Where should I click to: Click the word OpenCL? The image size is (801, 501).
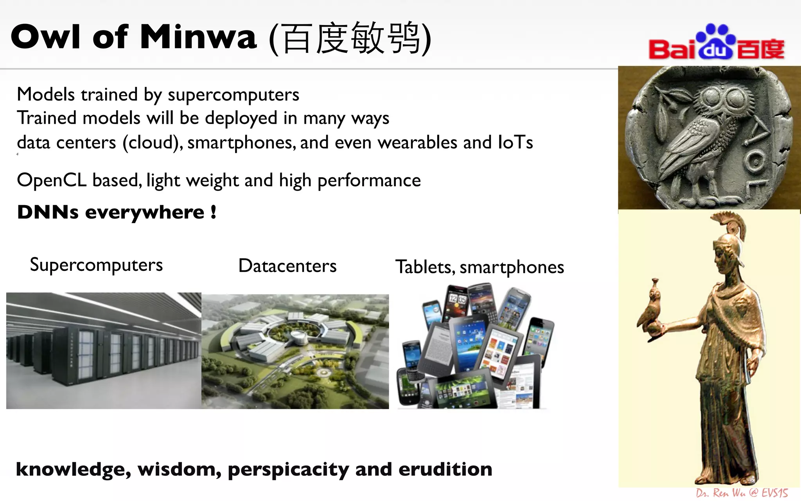[x=51, y=180]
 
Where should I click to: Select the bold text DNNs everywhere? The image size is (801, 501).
[x=117, y=212]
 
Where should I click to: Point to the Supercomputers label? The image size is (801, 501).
[x=96, y=265]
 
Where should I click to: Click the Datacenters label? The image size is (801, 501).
[x=287, y=266]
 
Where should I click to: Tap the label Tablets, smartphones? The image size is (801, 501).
[x=480, y=267]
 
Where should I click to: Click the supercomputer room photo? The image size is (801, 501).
[x=104, y=351]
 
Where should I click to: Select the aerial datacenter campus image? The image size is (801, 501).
[x=295, y=351]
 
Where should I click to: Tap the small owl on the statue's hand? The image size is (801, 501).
[x=652, y=309]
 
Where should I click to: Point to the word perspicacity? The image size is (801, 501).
[x=288, y=470]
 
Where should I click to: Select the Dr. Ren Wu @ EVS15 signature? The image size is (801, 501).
[x=742, y=493]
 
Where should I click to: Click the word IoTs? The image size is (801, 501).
[x=515, y=142]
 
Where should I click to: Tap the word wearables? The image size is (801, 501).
[x=417, y=142]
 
